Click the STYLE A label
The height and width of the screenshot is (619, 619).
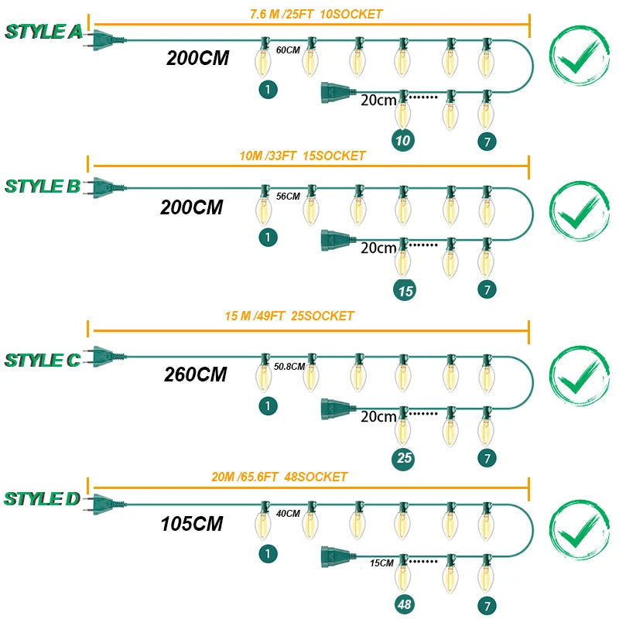[43, 32]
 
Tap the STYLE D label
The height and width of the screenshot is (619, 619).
[43, 498]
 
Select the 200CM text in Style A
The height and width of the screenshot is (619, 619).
[197, 58]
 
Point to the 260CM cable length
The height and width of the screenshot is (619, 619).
[195, 374]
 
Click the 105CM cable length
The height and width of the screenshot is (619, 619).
[192, 524]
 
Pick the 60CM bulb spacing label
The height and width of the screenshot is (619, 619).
[288, 50]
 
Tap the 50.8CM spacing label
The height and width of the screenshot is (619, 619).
[289, 366]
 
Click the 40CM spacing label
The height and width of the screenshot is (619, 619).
[288, 513]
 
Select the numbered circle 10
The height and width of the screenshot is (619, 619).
[403, 140]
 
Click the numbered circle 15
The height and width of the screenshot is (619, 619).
[403, 290]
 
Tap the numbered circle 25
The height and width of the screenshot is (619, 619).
[403, 458]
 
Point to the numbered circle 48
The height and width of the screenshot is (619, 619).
[403, 604]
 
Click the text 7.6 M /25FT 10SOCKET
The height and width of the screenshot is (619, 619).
[316, 14]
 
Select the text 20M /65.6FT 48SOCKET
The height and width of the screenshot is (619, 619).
[279, 477]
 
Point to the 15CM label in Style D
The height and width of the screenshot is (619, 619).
[382, 563]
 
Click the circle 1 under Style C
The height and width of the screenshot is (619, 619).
[268, 405]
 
